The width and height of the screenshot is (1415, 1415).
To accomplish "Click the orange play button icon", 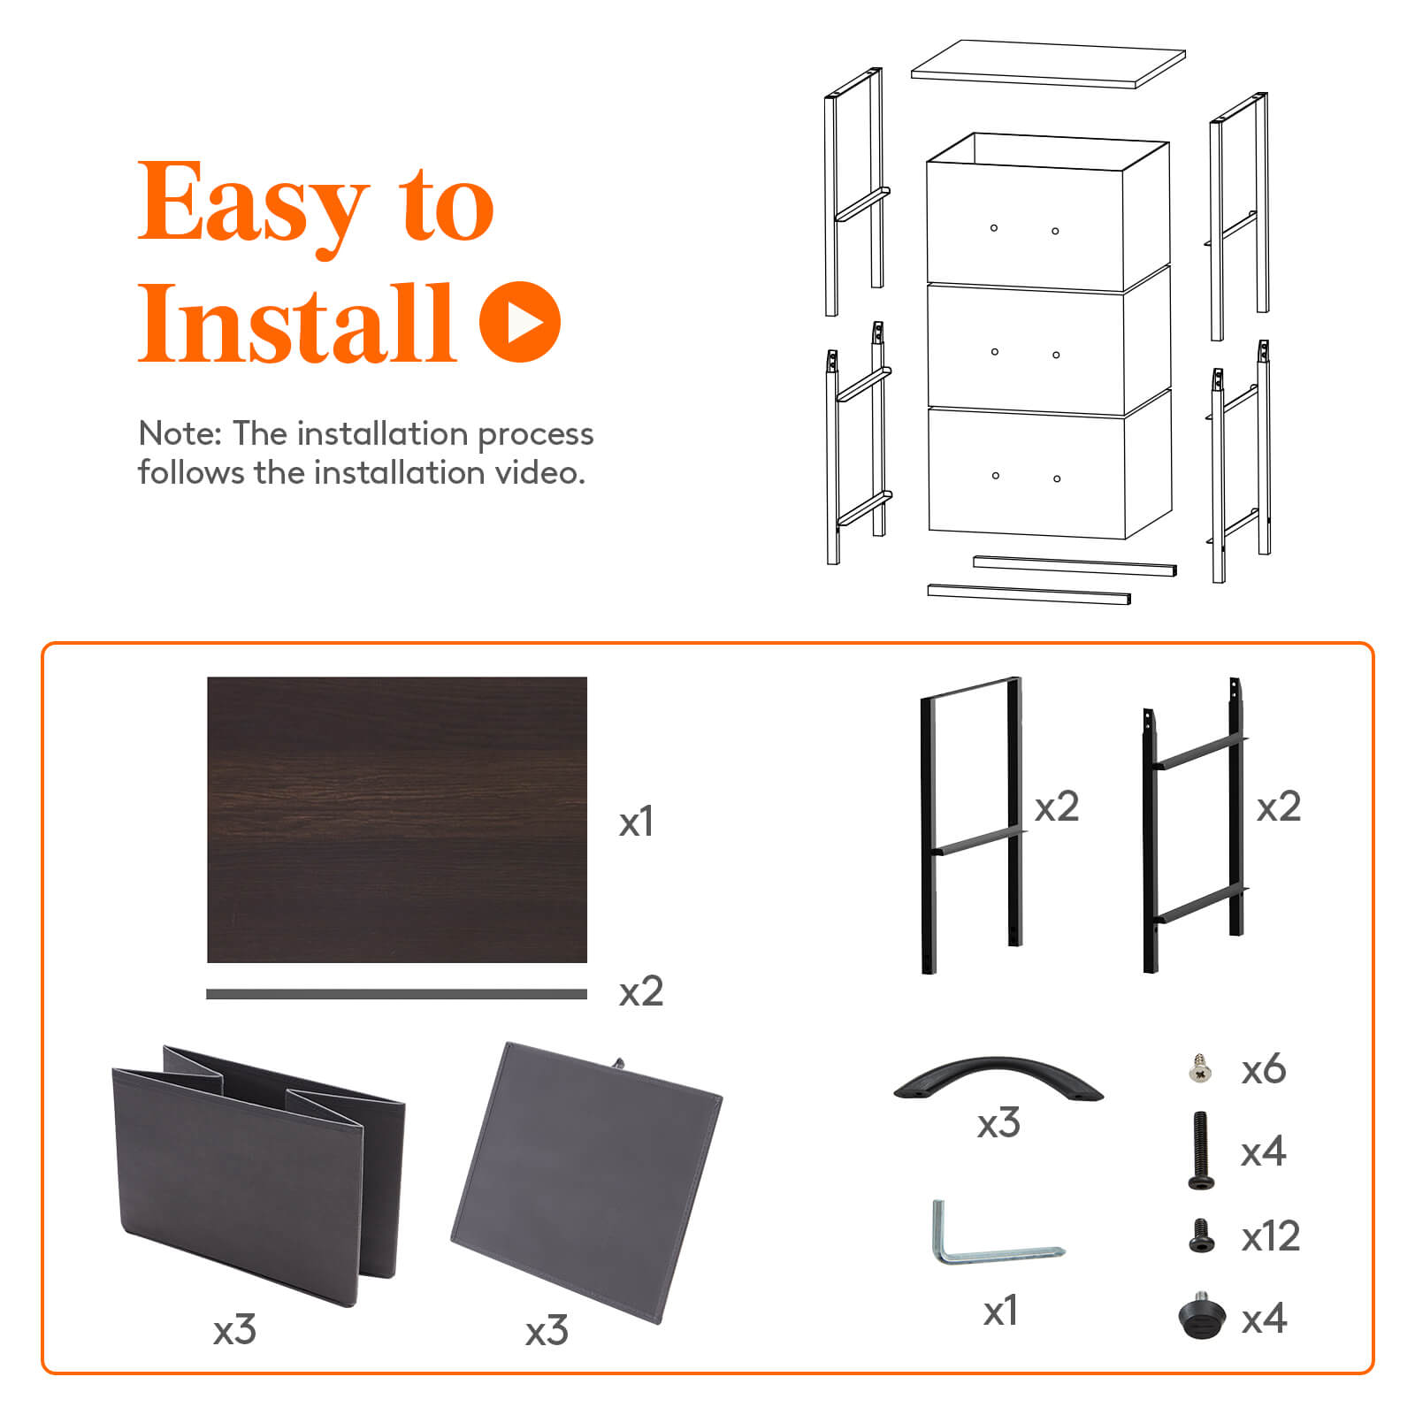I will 520,322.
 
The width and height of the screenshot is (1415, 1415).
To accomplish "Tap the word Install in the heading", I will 296,324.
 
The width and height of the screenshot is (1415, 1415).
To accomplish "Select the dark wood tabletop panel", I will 396,819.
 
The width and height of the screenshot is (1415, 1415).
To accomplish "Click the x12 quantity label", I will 1270,1236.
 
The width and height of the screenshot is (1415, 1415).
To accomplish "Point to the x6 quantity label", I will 1263,1070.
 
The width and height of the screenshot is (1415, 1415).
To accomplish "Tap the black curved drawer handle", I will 998,1079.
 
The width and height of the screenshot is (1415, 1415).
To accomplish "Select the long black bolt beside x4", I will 1200,1150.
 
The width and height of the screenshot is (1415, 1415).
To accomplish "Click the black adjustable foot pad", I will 1202,1316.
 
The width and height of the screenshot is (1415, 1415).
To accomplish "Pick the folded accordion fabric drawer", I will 256,1167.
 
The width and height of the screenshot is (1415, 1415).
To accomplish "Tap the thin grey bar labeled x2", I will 396,994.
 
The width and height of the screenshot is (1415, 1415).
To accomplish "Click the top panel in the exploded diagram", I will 1048,64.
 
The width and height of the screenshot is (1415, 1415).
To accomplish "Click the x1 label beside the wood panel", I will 636,822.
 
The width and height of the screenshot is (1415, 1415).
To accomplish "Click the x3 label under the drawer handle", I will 998,1124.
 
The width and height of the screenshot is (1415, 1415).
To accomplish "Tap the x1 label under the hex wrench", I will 1000,1311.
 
